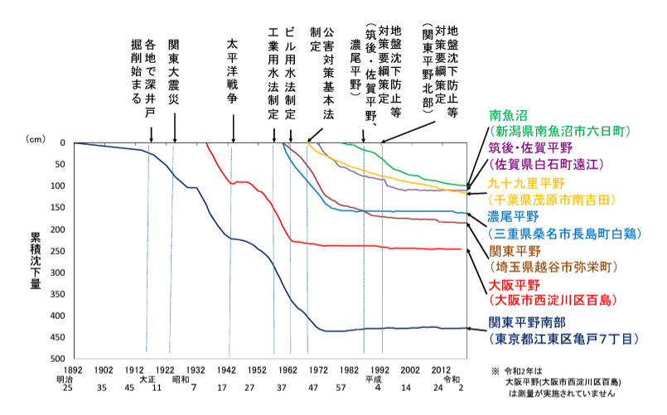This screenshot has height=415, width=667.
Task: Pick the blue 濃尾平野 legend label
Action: (x=510, y=219)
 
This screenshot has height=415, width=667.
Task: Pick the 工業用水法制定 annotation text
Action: (x=273, y=70)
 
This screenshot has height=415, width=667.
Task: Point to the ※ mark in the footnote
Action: (x=495, y=372)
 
